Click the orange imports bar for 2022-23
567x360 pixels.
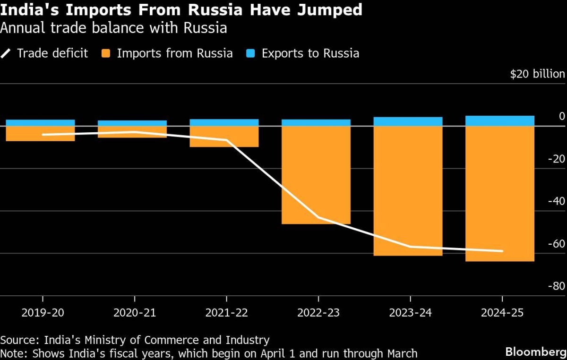pos(316,175)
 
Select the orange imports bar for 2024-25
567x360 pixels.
pos(500,194)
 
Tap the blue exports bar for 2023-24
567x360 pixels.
pos(408,121)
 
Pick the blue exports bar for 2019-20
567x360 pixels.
pos(40,123)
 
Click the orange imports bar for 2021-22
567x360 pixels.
pos(224,137)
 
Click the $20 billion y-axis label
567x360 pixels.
pos(537,74)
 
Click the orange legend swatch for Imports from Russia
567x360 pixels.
pos(105,53)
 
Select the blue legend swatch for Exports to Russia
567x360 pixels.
pos(250,53)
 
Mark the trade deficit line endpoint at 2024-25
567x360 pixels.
pos(502,251)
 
